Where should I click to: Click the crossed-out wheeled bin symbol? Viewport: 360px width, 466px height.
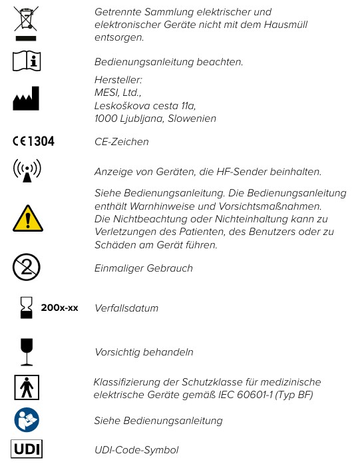(27, 23)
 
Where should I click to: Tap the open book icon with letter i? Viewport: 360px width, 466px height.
(27, 61)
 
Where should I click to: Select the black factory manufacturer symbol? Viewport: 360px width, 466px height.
(27, 99)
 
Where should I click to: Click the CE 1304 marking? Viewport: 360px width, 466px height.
(33, 141)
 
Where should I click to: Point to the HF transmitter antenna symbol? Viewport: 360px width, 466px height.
(27, 170)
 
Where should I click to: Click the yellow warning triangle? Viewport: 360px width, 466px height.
(27, 218)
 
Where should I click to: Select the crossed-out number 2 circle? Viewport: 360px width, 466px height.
(27, 268)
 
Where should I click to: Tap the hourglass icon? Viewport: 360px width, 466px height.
(27, 308)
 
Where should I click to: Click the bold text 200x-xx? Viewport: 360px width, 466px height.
(60, 308)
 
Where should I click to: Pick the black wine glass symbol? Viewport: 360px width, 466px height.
(27, 351)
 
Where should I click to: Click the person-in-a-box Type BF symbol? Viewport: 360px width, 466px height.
(27, 387)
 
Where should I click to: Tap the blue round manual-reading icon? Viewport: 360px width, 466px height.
(27, 420)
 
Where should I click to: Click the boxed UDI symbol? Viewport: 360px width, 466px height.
(27, 449)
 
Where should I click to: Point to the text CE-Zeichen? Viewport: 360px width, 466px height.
(122, 142)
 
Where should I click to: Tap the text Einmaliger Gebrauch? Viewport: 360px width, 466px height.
(144, 268)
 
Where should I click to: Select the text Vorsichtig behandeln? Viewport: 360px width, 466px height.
(144, 351)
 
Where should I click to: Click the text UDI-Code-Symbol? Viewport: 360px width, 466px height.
(136, 450)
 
